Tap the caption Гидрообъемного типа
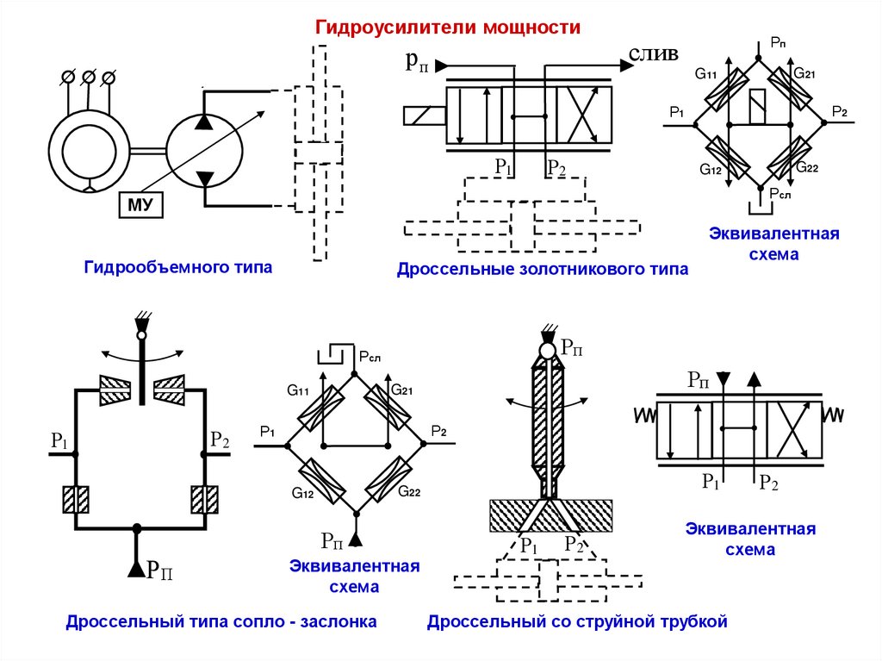[177, 268]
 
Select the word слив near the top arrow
[653, 54]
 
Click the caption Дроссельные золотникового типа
[543, 270]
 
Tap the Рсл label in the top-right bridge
[780, 195]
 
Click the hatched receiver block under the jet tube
[550, 515]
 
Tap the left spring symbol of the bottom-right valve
[645, 415]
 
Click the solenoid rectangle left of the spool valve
[423, 115]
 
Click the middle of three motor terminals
[88, 78]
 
